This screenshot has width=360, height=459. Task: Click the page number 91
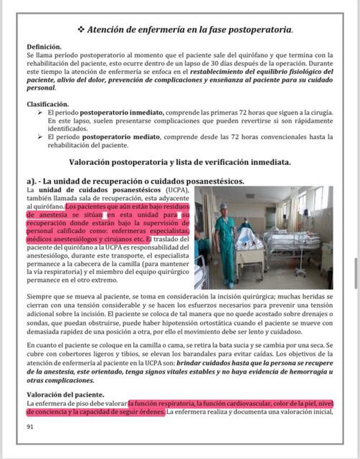pos(30,426)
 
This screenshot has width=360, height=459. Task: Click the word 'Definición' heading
pos(43,47)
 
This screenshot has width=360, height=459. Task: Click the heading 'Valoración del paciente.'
pos(65,395)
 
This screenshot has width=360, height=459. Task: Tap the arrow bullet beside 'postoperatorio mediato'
pos(50,136)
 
